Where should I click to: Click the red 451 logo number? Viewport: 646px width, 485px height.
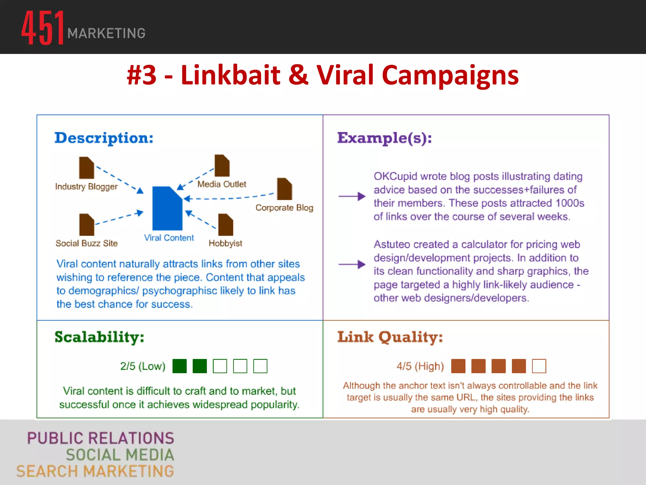coord(43,28)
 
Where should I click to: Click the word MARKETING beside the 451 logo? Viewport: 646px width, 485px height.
coord(106,33)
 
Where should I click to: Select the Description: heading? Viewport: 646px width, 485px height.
coord(104,138)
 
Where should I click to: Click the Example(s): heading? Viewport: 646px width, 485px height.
coord(385,138)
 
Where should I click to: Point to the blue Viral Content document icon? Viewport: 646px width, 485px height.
coord(167,208)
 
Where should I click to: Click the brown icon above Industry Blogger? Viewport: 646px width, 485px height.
coord(86,168)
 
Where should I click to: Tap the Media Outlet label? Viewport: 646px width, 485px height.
coord(221,184)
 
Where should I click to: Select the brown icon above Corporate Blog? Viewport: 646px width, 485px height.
coord(284,189)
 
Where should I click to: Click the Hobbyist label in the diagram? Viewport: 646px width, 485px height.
coord(225,243)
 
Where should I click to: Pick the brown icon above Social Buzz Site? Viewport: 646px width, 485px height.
coord(87,225)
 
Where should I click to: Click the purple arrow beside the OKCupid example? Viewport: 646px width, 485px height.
coord(352,196)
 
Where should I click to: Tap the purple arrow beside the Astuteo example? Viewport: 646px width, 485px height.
coord(352,264)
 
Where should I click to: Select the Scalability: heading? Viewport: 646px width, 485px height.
coord(99,337)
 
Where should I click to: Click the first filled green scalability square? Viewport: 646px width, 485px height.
coord(179,366)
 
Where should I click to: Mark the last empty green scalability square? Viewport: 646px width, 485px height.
coord(260,366)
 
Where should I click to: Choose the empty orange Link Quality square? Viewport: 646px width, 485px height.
coord(539,366)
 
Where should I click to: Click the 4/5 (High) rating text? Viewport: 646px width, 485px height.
coord(420,366)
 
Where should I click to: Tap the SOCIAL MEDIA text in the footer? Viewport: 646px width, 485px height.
coord(120,455)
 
